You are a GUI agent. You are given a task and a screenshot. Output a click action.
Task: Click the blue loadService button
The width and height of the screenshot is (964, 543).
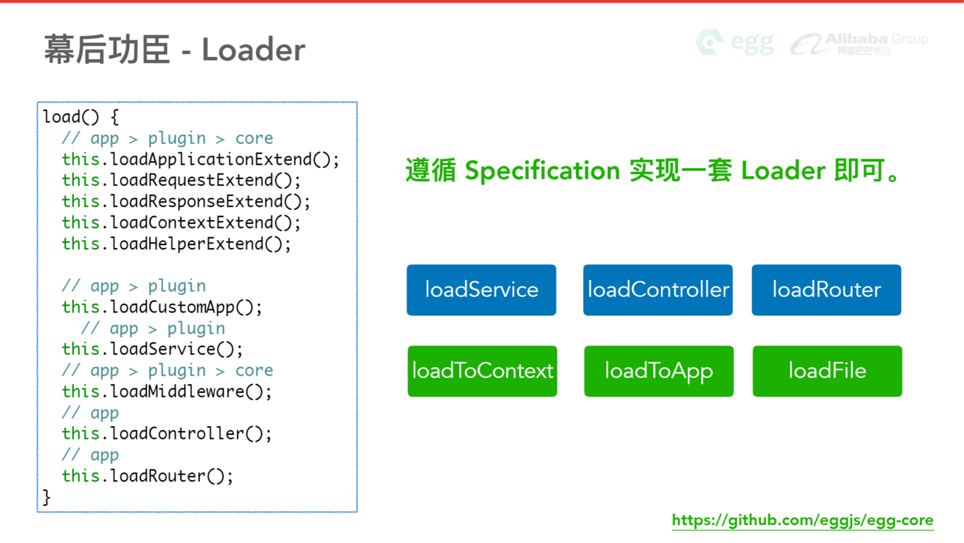click(481, 290)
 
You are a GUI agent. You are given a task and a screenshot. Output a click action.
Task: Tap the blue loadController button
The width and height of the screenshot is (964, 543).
click(658, 290)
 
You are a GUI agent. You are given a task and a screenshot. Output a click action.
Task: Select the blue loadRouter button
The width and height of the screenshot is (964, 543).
click(826, 290)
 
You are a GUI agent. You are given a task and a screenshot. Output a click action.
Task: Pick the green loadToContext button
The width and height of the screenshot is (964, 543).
click(482, 371)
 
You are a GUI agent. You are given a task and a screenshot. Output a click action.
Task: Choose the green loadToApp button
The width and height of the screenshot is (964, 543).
click(658, 371)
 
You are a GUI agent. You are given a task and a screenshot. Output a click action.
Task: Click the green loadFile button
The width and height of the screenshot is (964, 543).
click(827, 371)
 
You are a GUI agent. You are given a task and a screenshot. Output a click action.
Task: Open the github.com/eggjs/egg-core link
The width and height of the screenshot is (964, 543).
click(802, 520)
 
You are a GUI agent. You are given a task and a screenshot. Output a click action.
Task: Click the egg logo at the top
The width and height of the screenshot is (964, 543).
click(735, 42)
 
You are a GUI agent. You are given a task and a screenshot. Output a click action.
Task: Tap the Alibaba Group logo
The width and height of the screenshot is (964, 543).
click(859, 44)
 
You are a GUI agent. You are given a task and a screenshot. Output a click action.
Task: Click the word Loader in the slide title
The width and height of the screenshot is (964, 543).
click(253, 51)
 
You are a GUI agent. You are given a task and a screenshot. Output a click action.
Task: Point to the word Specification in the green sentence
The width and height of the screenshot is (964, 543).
click(542, 170)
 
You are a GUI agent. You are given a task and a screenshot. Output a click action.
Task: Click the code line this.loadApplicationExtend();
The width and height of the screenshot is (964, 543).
click(201, 159)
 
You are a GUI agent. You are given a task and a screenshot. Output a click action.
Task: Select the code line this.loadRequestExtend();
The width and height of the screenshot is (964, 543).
click(181, 180)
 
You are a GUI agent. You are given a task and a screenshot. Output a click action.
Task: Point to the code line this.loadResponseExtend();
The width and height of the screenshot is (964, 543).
click(186, 201)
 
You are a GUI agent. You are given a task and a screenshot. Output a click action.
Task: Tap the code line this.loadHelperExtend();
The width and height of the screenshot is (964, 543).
click(176, 243)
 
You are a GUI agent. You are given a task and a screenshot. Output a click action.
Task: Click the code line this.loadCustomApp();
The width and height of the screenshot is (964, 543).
click(162, 307)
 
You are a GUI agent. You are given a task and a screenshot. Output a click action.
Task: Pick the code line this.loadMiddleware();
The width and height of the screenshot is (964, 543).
click(166, 391)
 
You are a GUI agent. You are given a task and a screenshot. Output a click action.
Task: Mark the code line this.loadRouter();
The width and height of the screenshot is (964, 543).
click(147, 475)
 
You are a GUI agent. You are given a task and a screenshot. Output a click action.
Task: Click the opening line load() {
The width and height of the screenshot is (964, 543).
click(81, 117)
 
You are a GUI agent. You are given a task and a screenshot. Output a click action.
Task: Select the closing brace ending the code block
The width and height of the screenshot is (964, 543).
click(47, 497)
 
